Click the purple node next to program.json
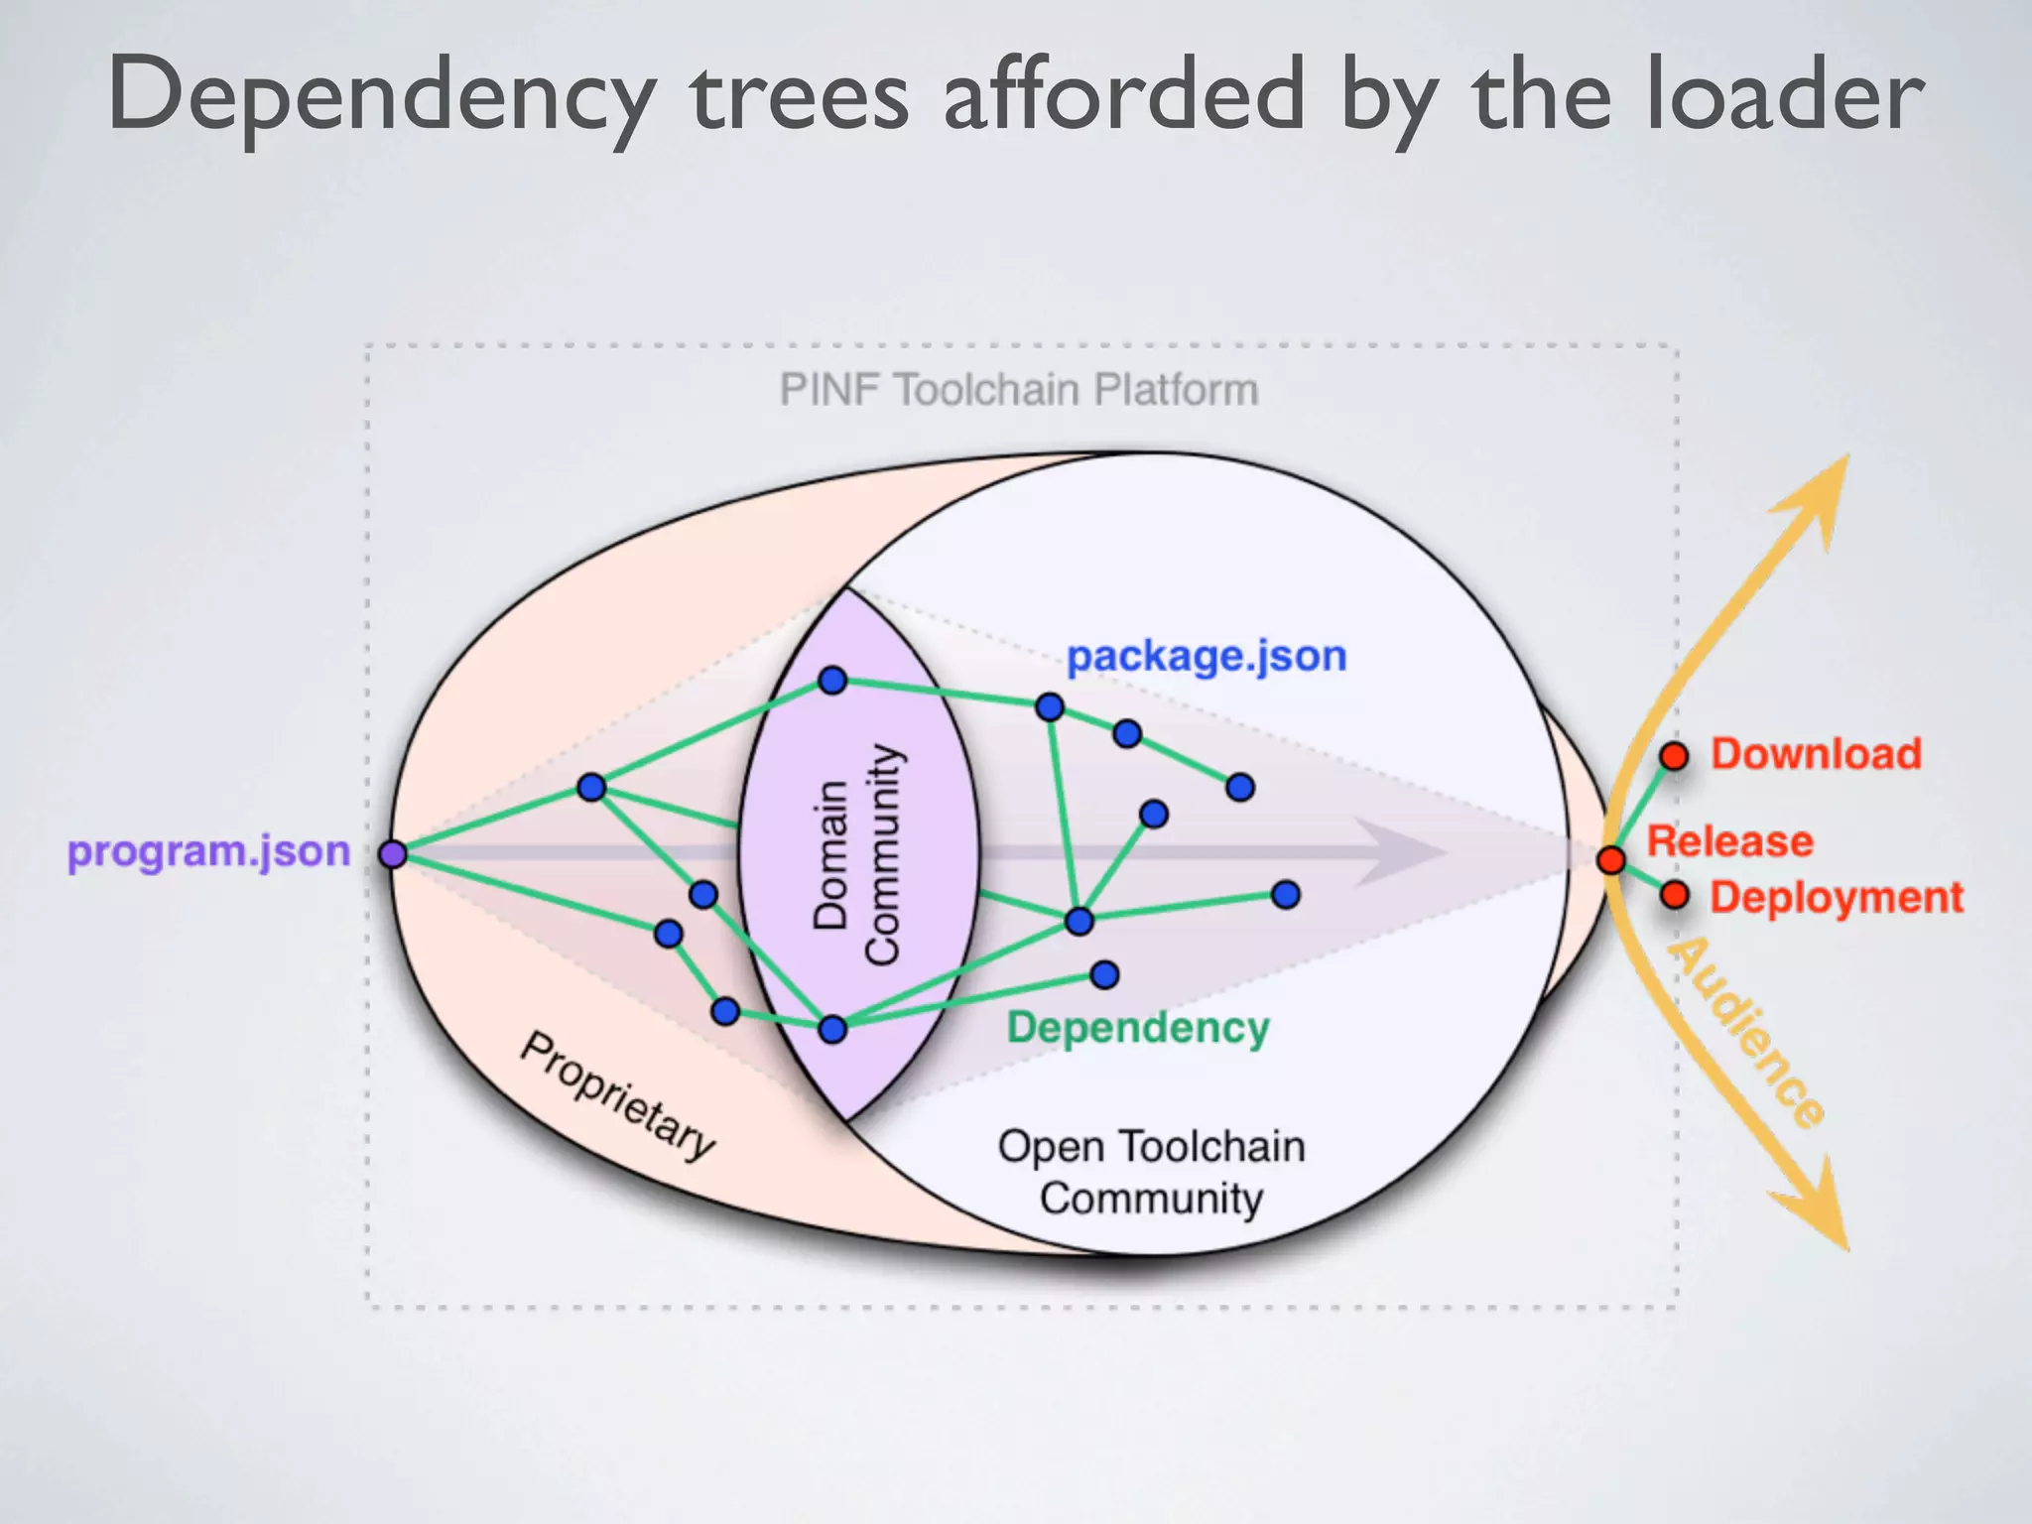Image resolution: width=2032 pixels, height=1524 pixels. coord(393,853)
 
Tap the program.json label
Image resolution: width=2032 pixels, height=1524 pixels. coord(208,851)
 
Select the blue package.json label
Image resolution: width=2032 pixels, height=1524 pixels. coord(1206,656)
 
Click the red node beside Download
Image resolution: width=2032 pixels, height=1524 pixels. coord(1674,756)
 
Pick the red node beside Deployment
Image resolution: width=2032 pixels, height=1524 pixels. coord(1675,895)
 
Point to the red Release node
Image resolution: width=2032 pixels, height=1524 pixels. coord(1611,859)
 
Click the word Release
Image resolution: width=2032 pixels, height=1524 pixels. coord(1729,841)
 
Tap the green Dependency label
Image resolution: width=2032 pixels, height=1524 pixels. coord(1138,1027)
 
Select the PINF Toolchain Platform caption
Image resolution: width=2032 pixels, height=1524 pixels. coord(1018,389)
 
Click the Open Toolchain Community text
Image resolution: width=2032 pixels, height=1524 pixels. coord(1151,1172)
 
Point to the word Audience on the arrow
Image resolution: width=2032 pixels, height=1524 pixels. coord(1747,1032)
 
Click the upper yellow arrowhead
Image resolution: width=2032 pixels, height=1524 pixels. coord(1821,496)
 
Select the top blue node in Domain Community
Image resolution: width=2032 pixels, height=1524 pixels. coord(832,680)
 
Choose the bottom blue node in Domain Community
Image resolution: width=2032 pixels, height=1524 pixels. coord(832,1029)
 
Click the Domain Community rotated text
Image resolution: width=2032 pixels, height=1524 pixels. coord(855,853)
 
